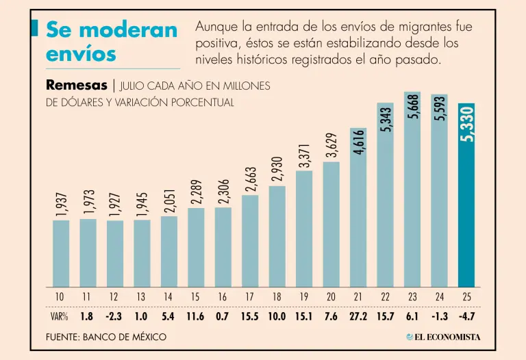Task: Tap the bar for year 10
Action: coord(61,253)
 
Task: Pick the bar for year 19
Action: coord(304,229)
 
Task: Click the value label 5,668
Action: coord(412,106)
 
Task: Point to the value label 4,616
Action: coord(359,142)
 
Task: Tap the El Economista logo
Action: coord(443,337)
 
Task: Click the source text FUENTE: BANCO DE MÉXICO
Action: coord(106,337)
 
